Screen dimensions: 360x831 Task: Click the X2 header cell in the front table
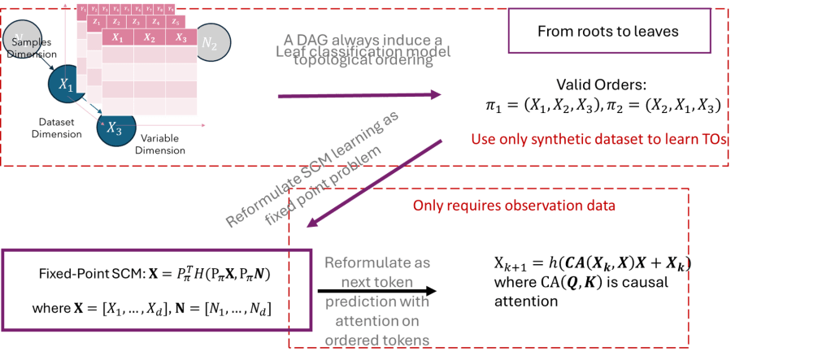click(x=148, y=37)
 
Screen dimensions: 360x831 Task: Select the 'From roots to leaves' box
click(x=608, y=33)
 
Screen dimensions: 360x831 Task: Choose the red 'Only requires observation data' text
click(x=514, y=206)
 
